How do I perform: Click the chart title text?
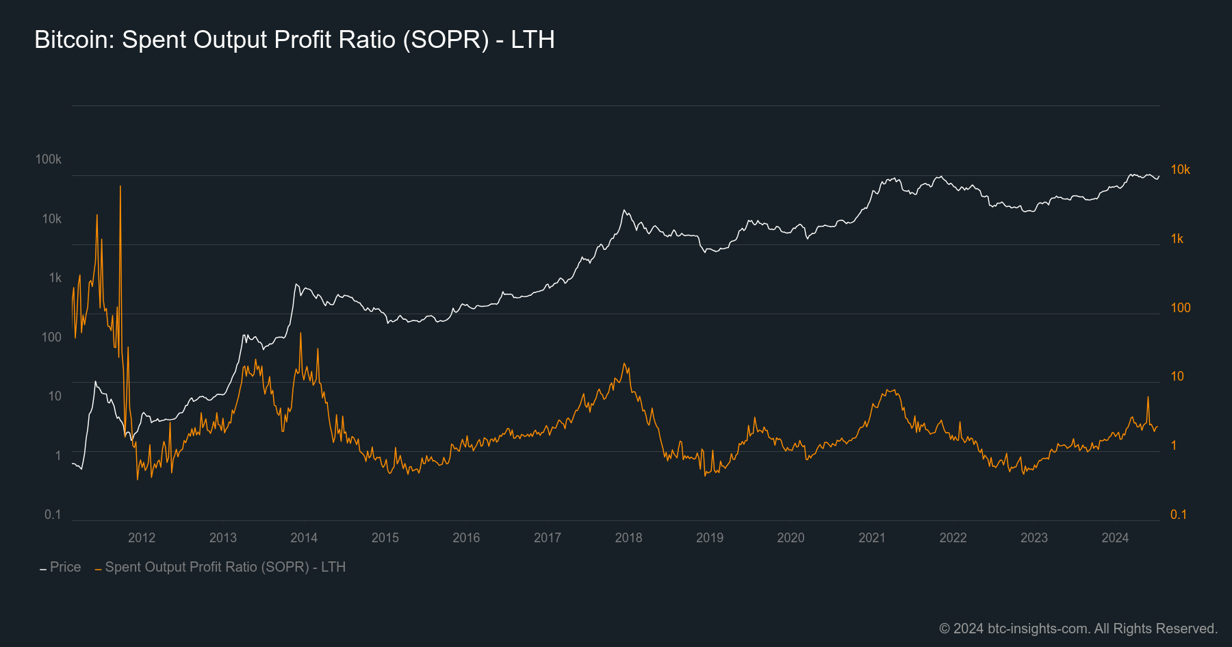click(x=294, y=40)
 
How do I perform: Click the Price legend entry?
click(x=65, y=567)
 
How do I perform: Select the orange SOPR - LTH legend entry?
click(x=224, y=567)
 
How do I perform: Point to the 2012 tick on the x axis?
click(x=142, y=537)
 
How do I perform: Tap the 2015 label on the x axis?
click(x=385, y=537)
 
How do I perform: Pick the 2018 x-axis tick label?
click(x=628, y=537)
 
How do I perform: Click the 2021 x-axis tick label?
click(x=872, y=537)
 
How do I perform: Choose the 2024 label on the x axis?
click(x=1115, y=537)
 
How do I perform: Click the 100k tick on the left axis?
click(x=49, y=160)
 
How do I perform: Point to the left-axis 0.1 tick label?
click(x=53, y=514)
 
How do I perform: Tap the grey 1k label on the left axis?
click(x=55, y=278)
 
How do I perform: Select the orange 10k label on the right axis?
click(x=1180, y=170)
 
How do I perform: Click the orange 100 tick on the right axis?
click(x=1180, y=307)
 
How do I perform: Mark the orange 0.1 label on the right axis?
click(x=1178, y=514)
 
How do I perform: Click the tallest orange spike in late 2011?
click(x=120, y=187)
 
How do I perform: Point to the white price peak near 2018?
click(x=624, y=211)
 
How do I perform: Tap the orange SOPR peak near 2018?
click(x=625, y=364)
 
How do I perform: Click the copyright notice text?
click(x=1078, y=629)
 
